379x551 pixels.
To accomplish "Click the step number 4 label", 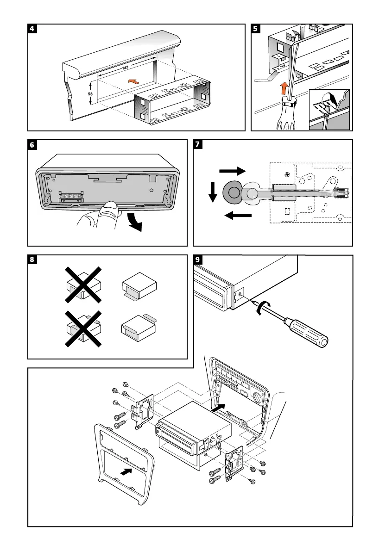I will click(x=32, y=29).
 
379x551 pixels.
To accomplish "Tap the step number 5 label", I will click(x=256, y=29).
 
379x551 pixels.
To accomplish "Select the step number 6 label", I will click(x=32, y=144).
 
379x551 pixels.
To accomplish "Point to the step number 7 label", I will click(x=197, y=144).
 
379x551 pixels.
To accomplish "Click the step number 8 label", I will click(x=32, y=260).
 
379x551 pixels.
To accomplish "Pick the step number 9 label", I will click(x=197, y=260).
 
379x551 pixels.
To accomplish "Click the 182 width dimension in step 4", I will click(x=125, y=68).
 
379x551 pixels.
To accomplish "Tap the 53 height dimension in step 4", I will click(x=90, y=94).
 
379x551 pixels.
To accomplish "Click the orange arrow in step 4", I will click(x=133, y=81).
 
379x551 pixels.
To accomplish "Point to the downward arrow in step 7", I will click(x=213, y=192).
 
